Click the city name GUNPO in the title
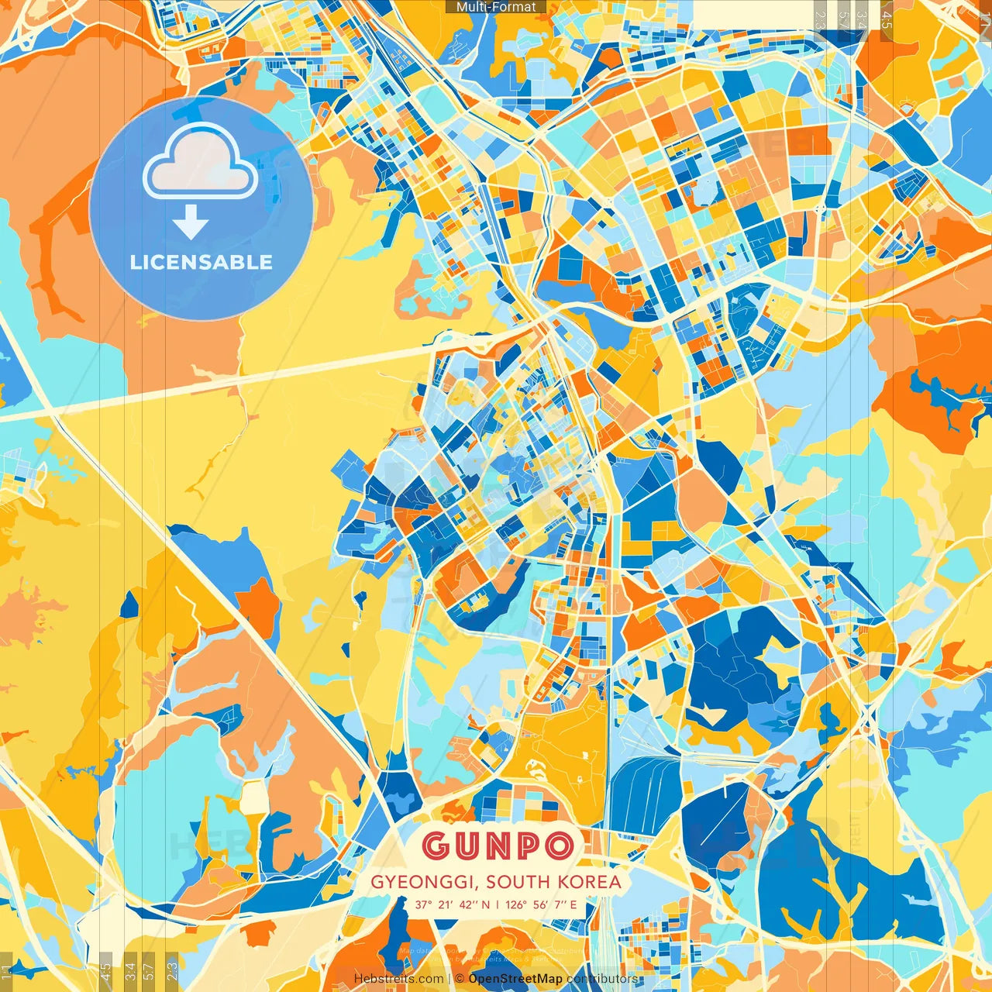[x=498, y=846]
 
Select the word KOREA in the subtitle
[x=593, y=882]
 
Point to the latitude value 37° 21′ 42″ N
[x=452, y=904]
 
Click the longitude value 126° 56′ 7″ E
[x=541, y=904]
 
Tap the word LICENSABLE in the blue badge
[x=201, y=262]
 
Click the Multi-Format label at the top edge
[x=496, y=7]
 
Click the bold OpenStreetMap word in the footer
[x=515, y=979]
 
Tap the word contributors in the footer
[x=602, y=979]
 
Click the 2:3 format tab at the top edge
[x=820, y=17]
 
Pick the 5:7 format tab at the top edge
[x=843, y=17]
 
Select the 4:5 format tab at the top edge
[x=887, y=17]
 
